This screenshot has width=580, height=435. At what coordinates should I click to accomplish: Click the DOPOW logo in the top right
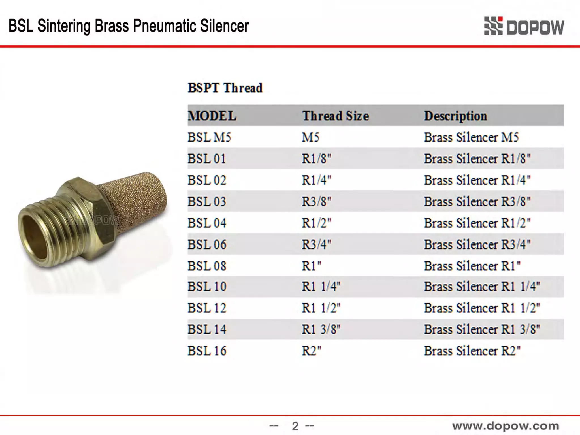[524, 26]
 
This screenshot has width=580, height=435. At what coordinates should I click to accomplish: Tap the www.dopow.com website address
[506, 426]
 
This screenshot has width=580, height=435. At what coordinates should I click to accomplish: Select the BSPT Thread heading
[225, 88]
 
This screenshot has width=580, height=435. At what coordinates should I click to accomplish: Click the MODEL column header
[212, 116]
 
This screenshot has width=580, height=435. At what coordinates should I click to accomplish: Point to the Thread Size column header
[336, 116]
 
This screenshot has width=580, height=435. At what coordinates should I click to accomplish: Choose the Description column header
[455, 116]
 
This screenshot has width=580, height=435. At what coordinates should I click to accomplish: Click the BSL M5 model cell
[209, 137]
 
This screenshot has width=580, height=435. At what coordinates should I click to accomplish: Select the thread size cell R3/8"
[316, 202]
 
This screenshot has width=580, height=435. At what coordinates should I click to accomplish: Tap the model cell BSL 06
[207, 244]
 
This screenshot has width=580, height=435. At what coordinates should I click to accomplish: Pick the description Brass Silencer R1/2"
[477, 223]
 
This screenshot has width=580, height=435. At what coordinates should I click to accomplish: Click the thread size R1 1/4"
[321, 287]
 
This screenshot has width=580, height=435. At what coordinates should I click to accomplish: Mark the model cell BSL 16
[207, 351]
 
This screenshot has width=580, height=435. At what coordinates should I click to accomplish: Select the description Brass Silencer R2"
[472, 351]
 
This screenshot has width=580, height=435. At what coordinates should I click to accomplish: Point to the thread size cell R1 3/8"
[321, 329]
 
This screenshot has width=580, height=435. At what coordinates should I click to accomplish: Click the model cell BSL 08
[207, 266]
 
